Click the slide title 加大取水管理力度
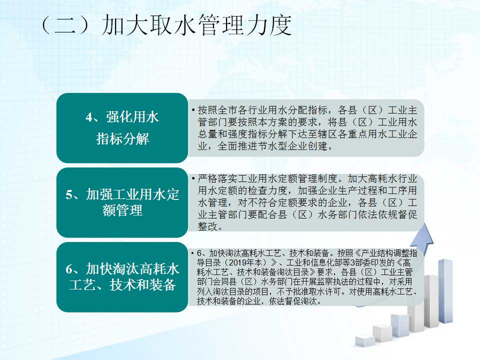[x=196, y=25]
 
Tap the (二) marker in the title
[x=65, y=25]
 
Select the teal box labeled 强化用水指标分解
[x=122, y=128]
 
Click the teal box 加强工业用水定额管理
[x=122, y=202]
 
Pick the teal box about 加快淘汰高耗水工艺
[x=122, y=277]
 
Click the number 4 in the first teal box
[x=89, y=117]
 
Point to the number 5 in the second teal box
[x=69, y=194]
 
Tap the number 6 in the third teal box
[x=69, y=269]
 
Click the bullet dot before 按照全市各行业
[x=193, y=110]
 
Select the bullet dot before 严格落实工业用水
[x=193, y=178]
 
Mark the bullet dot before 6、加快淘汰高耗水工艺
[x=192, y=253]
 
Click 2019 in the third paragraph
[x=237, y=262]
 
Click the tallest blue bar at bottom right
[x=445, y=291]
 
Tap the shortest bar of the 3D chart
[x=365, y=341]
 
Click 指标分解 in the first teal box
[x=122, y=138]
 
